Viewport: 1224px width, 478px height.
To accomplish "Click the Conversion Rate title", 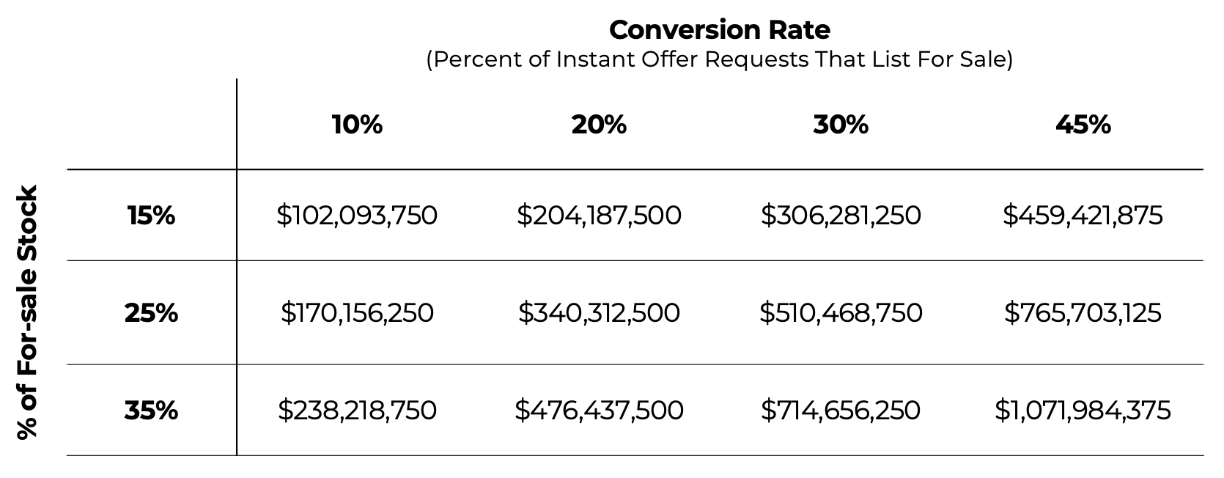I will point(719,30).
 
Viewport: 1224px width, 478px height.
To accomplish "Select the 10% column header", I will point(357,125).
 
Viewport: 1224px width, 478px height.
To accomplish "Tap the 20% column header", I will point(599,125).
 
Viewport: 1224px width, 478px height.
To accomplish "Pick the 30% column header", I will point(841,125).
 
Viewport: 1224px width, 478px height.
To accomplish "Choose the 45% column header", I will point(1083,125).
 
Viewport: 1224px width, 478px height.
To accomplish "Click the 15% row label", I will point(151,216).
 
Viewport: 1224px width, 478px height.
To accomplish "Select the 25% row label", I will point(151,313).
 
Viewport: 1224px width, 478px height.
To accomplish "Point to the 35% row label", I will point(151,410).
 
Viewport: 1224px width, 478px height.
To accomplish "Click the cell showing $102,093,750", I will point(357,216).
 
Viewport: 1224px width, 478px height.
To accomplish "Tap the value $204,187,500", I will point(599,216).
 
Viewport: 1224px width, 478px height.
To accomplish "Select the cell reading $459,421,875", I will point(1083,216).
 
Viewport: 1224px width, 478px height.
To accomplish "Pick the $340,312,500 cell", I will point(599,313).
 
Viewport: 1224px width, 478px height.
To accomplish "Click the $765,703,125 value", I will point(1083,313).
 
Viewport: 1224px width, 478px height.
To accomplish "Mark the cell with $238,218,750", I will point(357,410).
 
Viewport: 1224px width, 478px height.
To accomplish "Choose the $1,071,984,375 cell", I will point(1083,410).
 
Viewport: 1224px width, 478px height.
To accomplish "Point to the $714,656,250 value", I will point(841,410).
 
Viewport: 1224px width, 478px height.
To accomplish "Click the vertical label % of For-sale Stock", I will point(27,313).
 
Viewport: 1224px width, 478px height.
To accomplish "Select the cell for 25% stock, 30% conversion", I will point(841,313).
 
